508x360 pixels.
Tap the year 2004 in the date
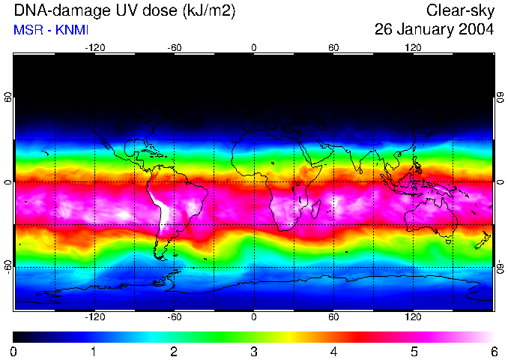(x=475, y=30)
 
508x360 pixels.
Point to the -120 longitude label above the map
(x=94, y=47)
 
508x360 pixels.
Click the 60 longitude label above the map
(x=333, y=47)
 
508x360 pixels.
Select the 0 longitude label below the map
(x=254, y=317)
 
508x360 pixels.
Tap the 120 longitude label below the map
(x=414, y=317)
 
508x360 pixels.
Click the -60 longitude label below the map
(x=174, y=317)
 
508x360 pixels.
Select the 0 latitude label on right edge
(x=500, y=182)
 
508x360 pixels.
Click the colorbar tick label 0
(x=13, y=351)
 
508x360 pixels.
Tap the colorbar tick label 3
(x=253, y=351)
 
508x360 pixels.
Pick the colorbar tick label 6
(x=493, y=351)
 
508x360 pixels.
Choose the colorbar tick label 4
(x=333, y=351)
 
